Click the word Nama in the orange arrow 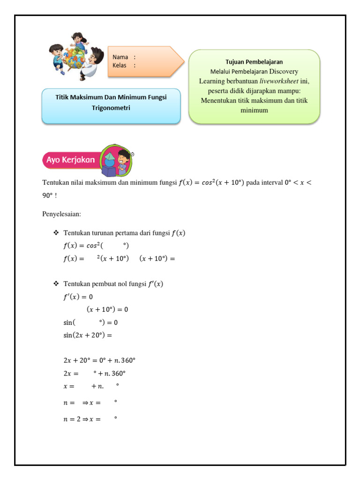click(120, 57)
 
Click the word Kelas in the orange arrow click(120, 65)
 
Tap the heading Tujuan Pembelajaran click(254, 62)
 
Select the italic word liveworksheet click(279, 81)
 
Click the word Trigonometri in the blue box click(111, 108)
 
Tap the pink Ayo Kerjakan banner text click(71, 160)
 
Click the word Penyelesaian click(61, 214)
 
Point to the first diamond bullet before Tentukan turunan click(56, 233)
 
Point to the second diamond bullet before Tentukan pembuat click(56, 284)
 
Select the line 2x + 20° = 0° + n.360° click(99, 360)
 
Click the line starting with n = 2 click(89, 420)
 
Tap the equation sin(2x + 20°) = click(88, 335)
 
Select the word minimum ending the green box click(254, 111)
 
